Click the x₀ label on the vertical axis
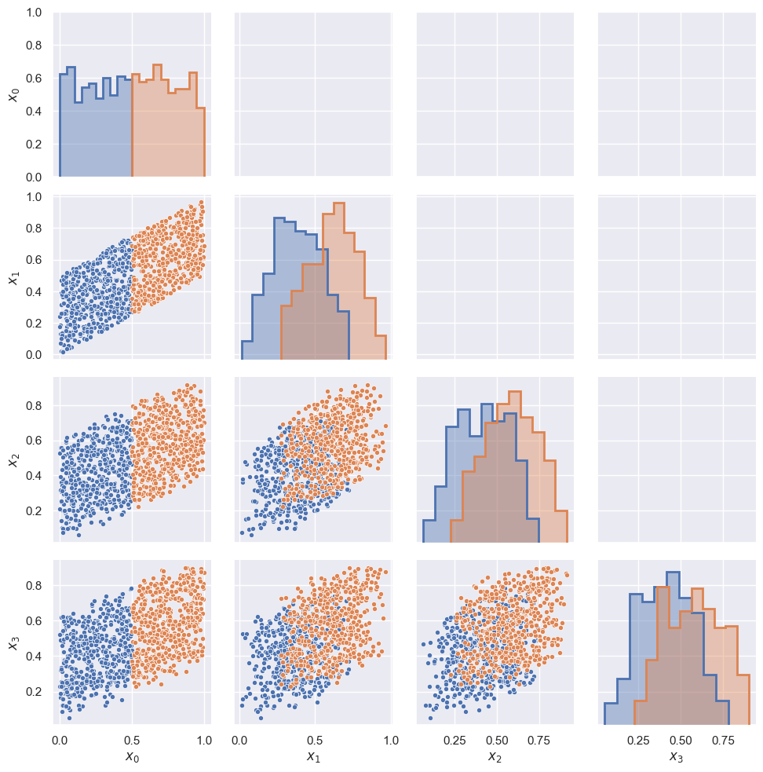click(x=13, y=95)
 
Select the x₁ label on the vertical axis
click(x=13, y=276)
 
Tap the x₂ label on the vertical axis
click(x=13, y=459)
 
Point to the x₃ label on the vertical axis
click(x=13, y=642)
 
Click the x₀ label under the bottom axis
click(x=132, y=757)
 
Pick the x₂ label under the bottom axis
click(x=495, y=757)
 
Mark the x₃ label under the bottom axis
click(x=677, y=757)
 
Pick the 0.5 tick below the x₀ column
click(x=132, y=739)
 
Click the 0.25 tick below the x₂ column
click(x=455, y=739)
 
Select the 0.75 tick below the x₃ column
click(x=723, y=739)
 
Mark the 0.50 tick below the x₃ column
click(x=681, y=739)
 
